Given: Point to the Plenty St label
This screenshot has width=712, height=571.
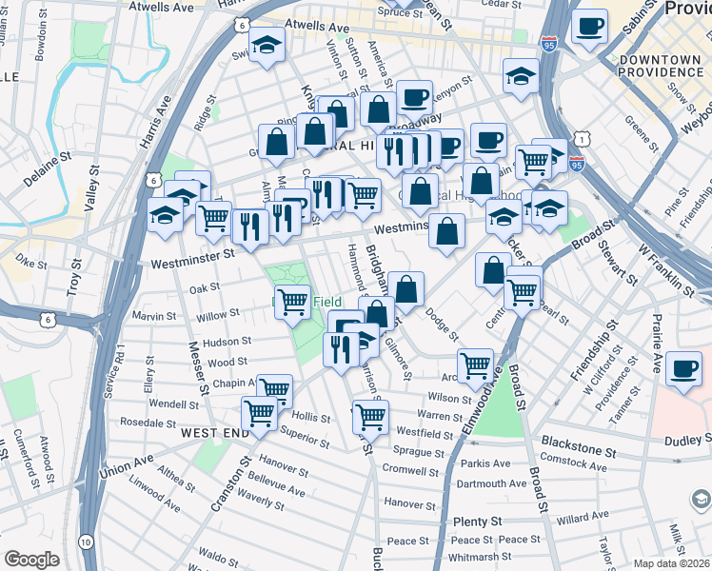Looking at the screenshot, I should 478,522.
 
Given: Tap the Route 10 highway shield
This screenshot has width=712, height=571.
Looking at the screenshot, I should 86,541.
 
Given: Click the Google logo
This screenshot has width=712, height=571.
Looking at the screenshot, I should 31,560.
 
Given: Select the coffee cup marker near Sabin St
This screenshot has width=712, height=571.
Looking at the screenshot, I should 590,26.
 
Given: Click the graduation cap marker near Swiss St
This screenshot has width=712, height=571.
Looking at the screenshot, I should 267,42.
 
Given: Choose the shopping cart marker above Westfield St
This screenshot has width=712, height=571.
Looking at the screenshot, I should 370,416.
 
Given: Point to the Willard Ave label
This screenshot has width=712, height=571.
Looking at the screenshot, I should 583,519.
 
